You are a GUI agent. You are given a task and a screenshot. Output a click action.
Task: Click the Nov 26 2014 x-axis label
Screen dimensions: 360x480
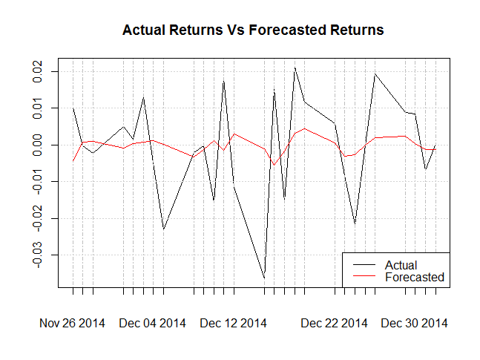point(72,324)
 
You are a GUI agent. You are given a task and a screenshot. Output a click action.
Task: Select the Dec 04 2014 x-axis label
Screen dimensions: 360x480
point(152,324)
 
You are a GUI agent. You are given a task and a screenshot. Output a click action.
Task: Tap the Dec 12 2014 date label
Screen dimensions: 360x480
point(233,324)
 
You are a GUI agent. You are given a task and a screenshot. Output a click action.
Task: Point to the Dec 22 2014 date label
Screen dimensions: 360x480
point(334,324)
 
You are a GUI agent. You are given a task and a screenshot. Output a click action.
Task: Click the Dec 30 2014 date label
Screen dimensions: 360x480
point(414,324)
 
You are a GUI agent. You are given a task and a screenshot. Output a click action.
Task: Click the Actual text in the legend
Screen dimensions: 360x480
point(401,265)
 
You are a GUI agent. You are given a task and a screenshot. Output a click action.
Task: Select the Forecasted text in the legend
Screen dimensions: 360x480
point(415,277)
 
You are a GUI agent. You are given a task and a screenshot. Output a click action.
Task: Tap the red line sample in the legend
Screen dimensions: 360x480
point(364,277)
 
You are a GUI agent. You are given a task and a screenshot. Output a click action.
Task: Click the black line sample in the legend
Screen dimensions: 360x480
point(364,265)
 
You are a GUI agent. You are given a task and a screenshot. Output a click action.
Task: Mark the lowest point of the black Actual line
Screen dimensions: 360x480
point(264,278)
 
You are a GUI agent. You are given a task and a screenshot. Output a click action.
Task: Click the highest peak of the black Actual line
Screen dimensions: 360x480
point(295,68)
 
